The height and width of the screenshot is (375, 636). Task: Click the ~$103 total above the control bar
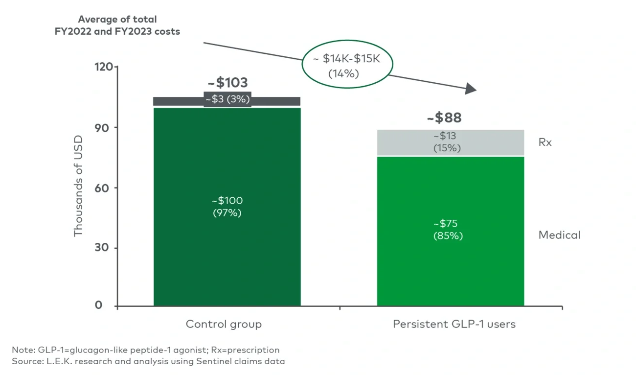[x=227, y=82]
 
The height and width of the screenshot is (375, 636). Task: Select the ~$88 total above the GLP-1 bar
[x=444, y=118]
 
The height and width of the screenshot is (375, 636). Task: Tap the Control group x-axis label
[x=224, y=324]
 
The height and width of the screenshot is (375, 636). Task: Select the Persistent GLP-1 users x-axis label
[x=454, y=324]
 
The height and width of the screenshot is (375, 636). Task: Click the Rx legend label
[x=545, y=142]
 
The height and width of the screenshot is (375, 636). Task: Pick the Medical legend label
[x=559, y=235]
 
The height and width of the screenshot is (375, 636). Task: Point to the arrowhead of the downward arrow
[x=471, y=89]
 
